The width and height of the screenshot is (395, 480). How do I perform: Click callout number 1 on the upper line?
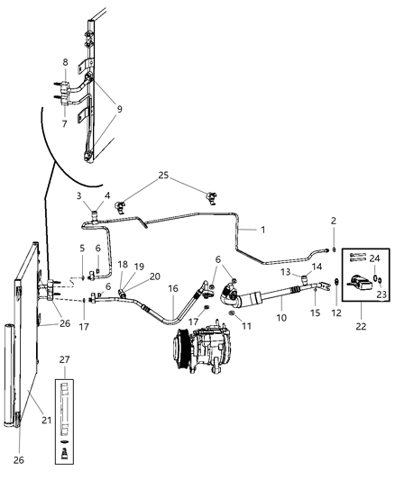262,230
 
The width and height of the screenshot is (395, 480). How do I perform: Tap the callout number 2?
333,221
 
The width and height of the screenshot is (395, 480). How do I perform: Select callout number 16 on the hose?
172,290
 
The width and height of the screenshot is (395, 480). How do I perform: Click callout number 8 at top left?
64,61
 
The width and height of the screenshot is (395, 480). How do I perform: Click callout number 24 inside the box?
374,258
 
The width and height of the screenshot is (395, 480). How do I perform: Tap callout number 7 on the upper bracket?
64,123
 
